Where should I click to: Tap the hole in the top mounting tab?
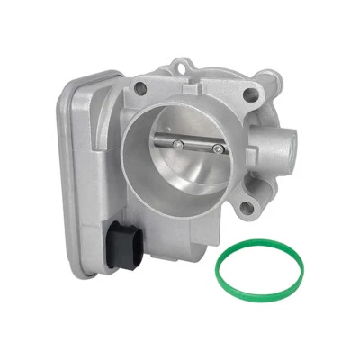(x=185, y=65)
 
